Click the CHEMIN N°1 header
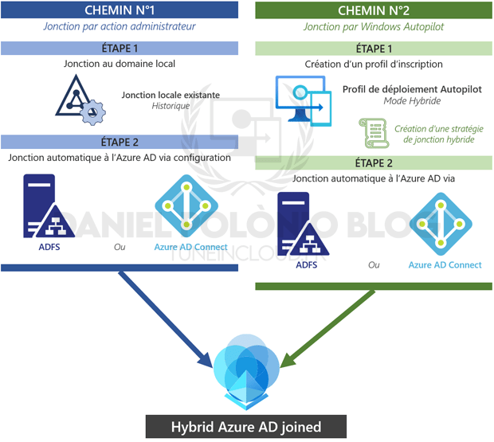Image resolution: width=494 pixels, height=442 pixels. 120,10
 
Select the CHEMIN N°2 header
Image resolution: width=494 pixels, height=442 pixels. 373,10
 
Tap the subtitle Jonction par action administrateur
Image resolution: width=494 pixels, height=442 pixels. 120,26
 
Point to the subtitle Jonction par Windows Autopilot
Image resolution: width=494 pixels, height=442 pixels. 373,26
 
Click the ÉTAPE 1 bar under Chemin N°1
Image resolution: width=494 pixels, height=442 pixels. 120,48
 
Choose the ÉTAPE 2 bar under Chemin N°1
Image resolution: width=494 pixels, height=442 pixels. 120,142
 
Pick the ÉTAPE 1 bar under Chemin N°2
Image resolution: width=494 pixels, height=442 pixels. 373,48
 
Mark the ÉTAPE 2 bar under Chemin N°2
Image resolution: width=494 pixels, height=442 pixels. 373,162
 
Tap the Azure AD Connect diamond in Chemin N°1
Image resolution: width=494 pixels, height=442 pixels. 186,205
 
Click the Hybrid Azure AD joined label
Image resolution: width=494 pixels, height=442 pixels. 246,427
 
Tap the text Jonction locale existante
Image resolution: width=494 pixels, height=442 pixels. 171,95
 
